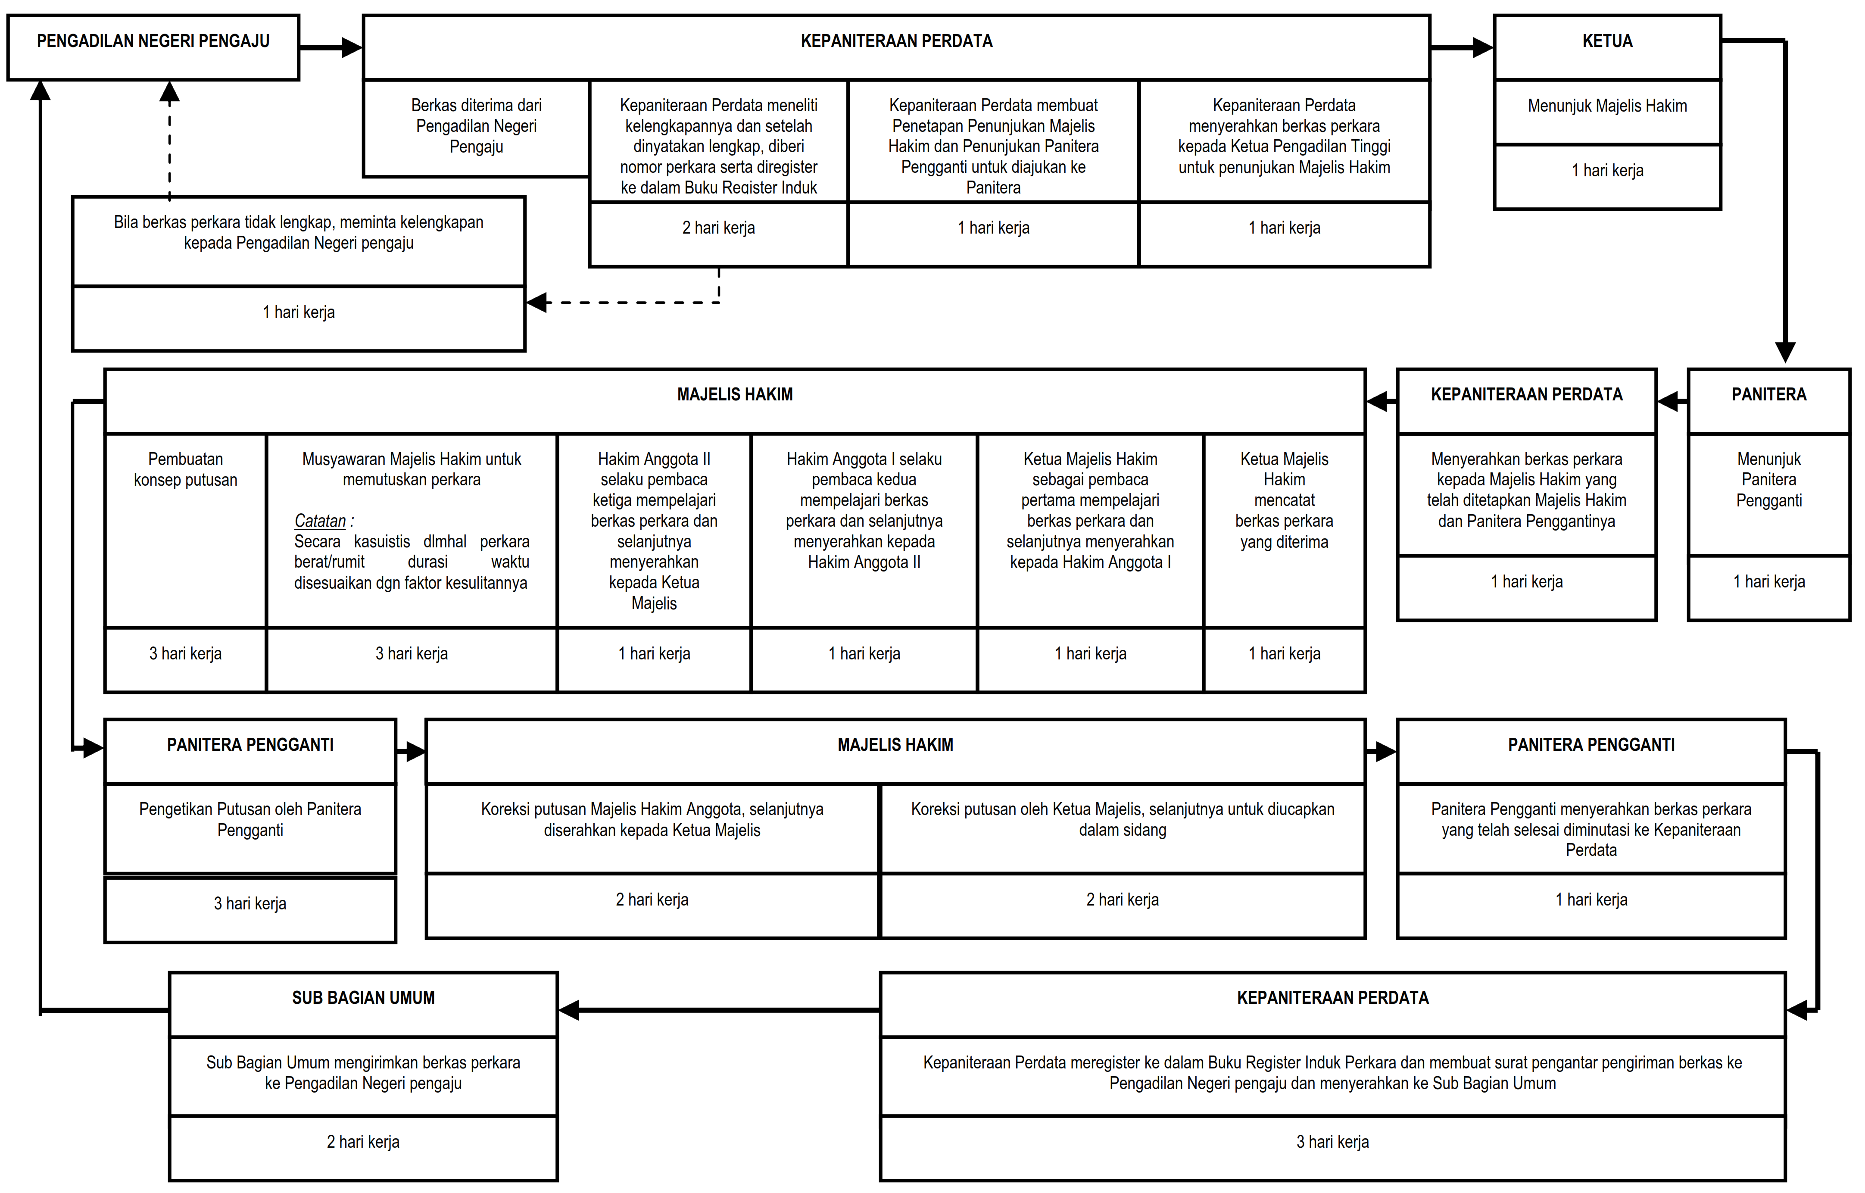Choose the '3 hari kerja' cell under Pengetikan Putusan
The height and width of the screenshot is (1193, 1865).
pos(250,904)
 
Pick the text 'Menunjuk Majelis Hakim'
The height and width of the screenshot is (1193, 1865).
pos(1606,106)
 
